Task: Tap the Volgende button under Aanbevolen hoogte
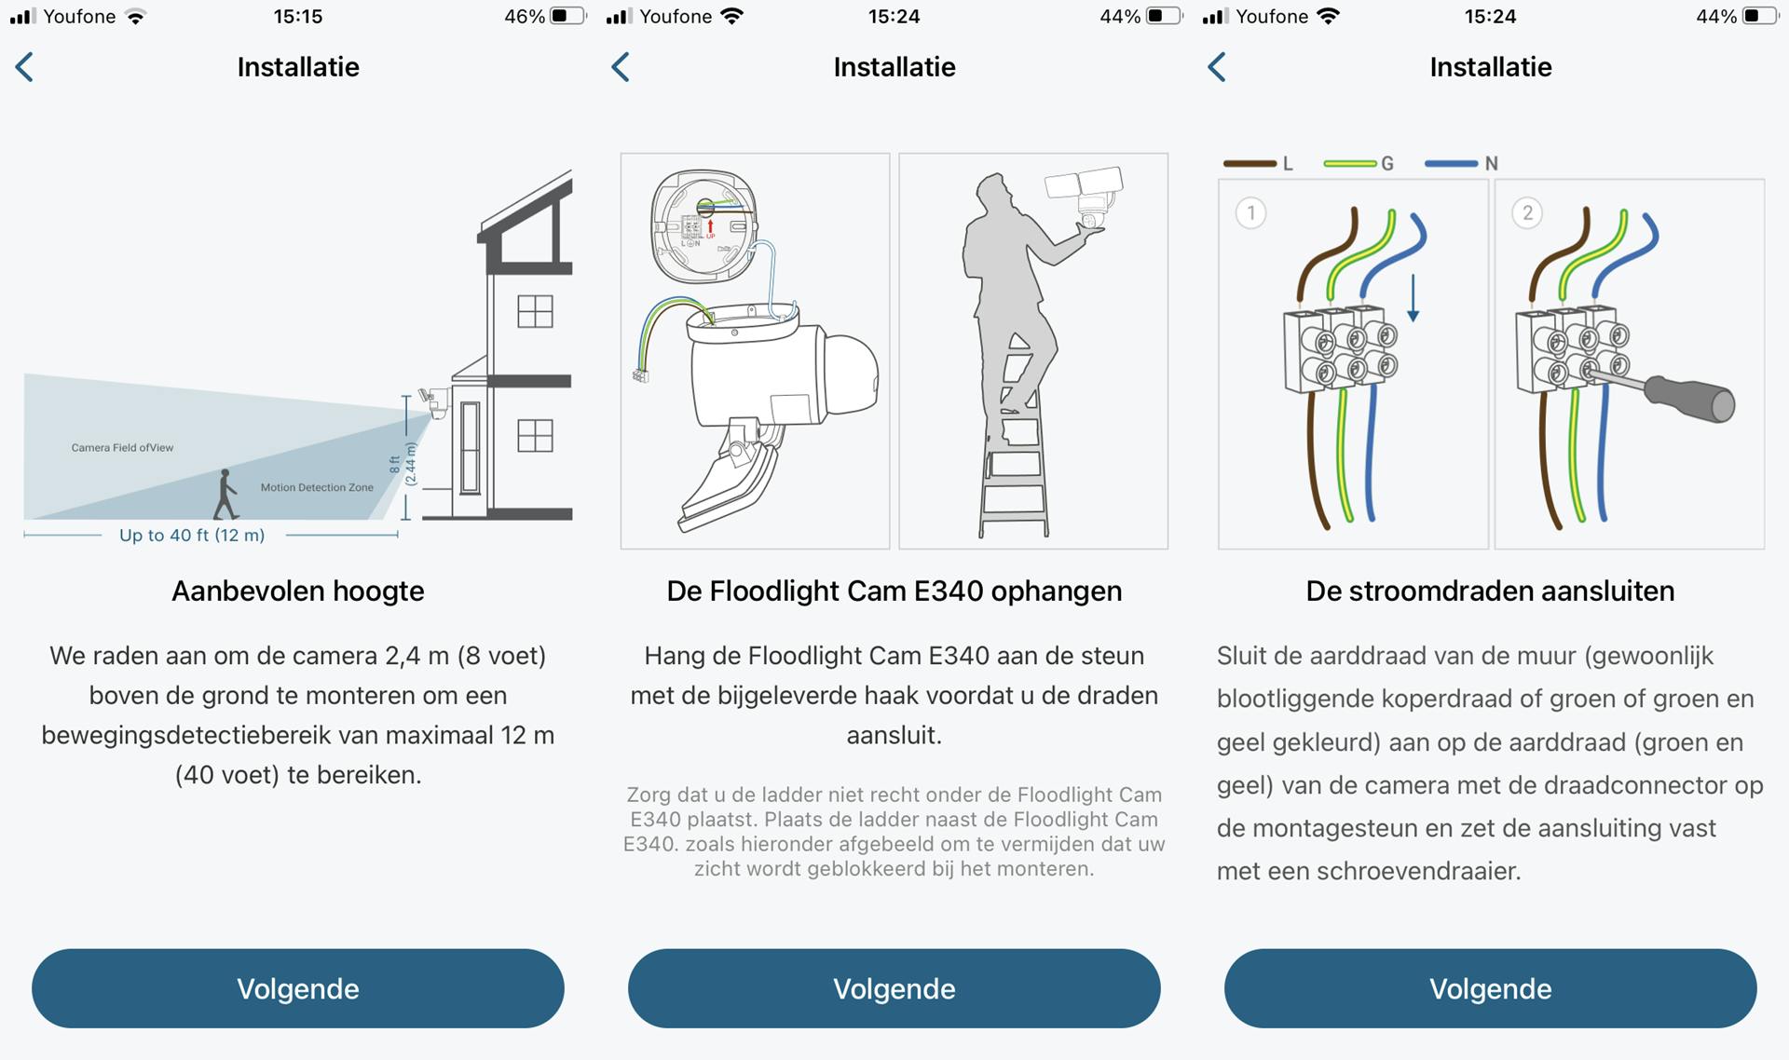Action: point(297,988)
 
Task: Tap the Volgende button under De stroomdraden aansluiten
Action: point(1490,988)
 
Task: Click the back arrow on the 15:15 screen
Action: point(25,67)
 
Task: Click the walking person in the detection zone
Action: point(225,495)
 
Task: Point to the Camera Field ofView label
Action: point(122,448)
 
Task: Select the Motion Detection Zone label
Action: point(317,487)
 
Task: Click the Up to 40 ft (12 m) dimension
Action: point(192,536)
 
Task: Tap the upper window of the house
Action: point(535,311)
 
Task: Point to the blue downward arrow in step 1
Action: point(1413,298)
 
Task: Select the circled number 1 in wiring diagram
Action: point(1250,213)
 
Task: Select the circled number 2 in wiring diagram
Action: point(1526,213)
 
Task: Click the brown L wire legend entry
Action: point(1257,164)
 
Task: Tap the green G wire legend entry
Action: point(1359,164)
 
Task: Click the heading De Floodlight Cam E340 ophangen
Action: point(894,591)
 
